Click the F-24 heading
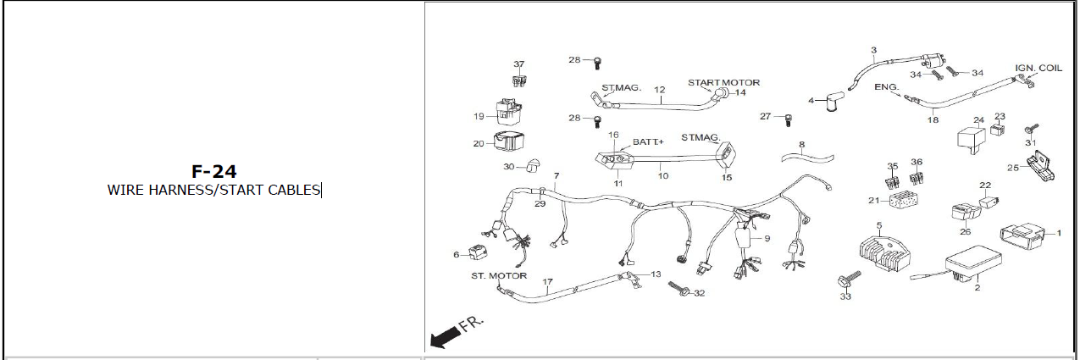pyautogui.click(x=213, y=173)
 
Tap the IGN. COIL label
pyautogui.click(x=1038, y=68)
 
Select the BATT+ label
pyautogui.click(x=648, y=142)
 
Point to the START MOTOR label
pyautogui.click(x=723, y=82)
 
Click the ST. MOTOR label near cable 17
pyautogui.click(x=499, y=276)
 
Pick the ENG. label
pyautogui.click(x=886, y=87)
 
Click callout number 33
pyautogui.click(x=845, y=296)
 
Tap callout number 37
pyautogui.click(x=519, y=64)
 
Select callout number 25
pyautogui.click(x=1013, y=168)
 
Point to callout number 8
pyautogui.click(x=801, y=145)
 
